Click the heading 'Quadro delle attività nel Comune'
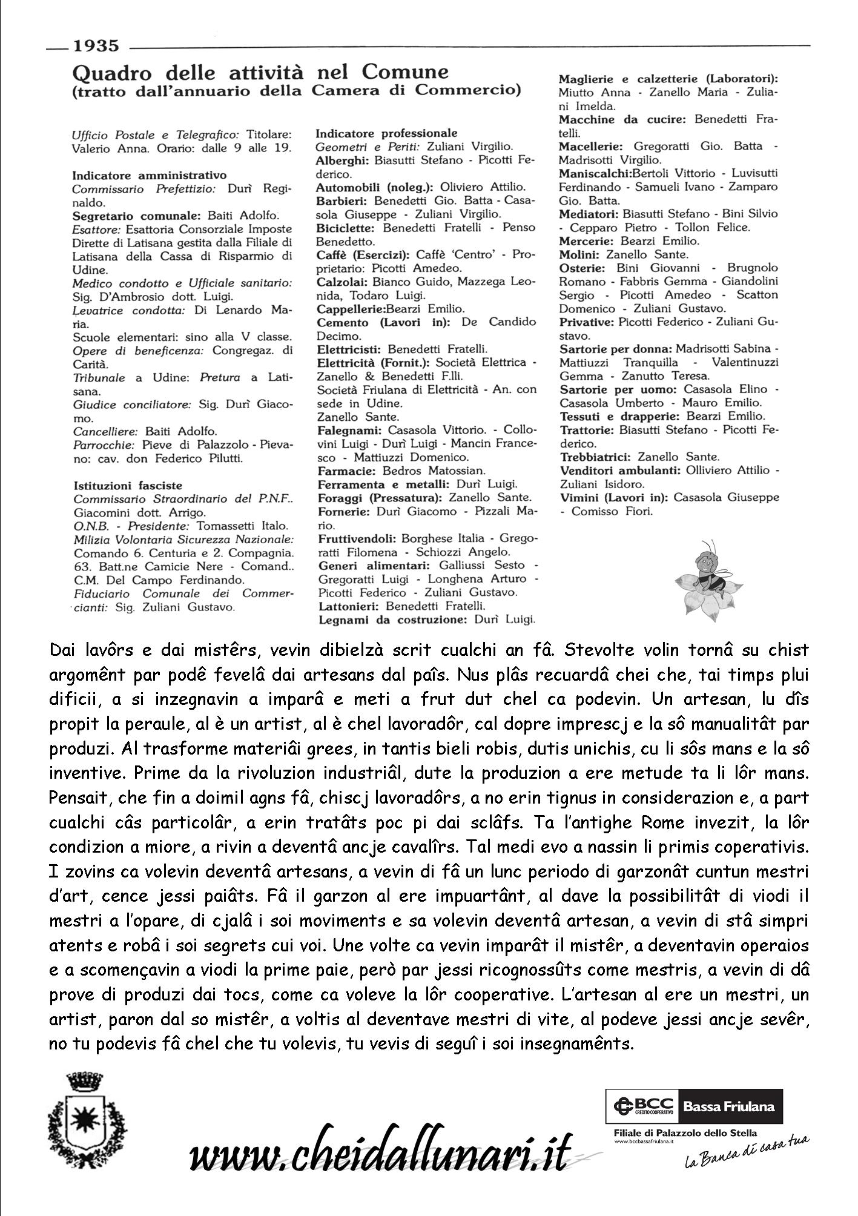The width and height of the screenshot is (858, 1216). click(260, 73)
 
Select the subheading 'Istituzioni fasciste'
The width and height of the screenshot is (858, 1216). click(128, 486)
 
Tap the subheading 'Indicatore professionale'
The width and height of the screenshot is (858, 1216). click(387, 133)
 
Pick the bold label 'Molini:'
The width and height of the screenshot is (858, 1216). click(580, 254)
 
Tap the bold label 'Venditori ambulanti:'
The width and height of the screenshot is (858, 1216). click(621, 471)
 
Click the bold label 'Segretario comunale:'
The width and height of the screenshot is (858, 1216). click(137, 216)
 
